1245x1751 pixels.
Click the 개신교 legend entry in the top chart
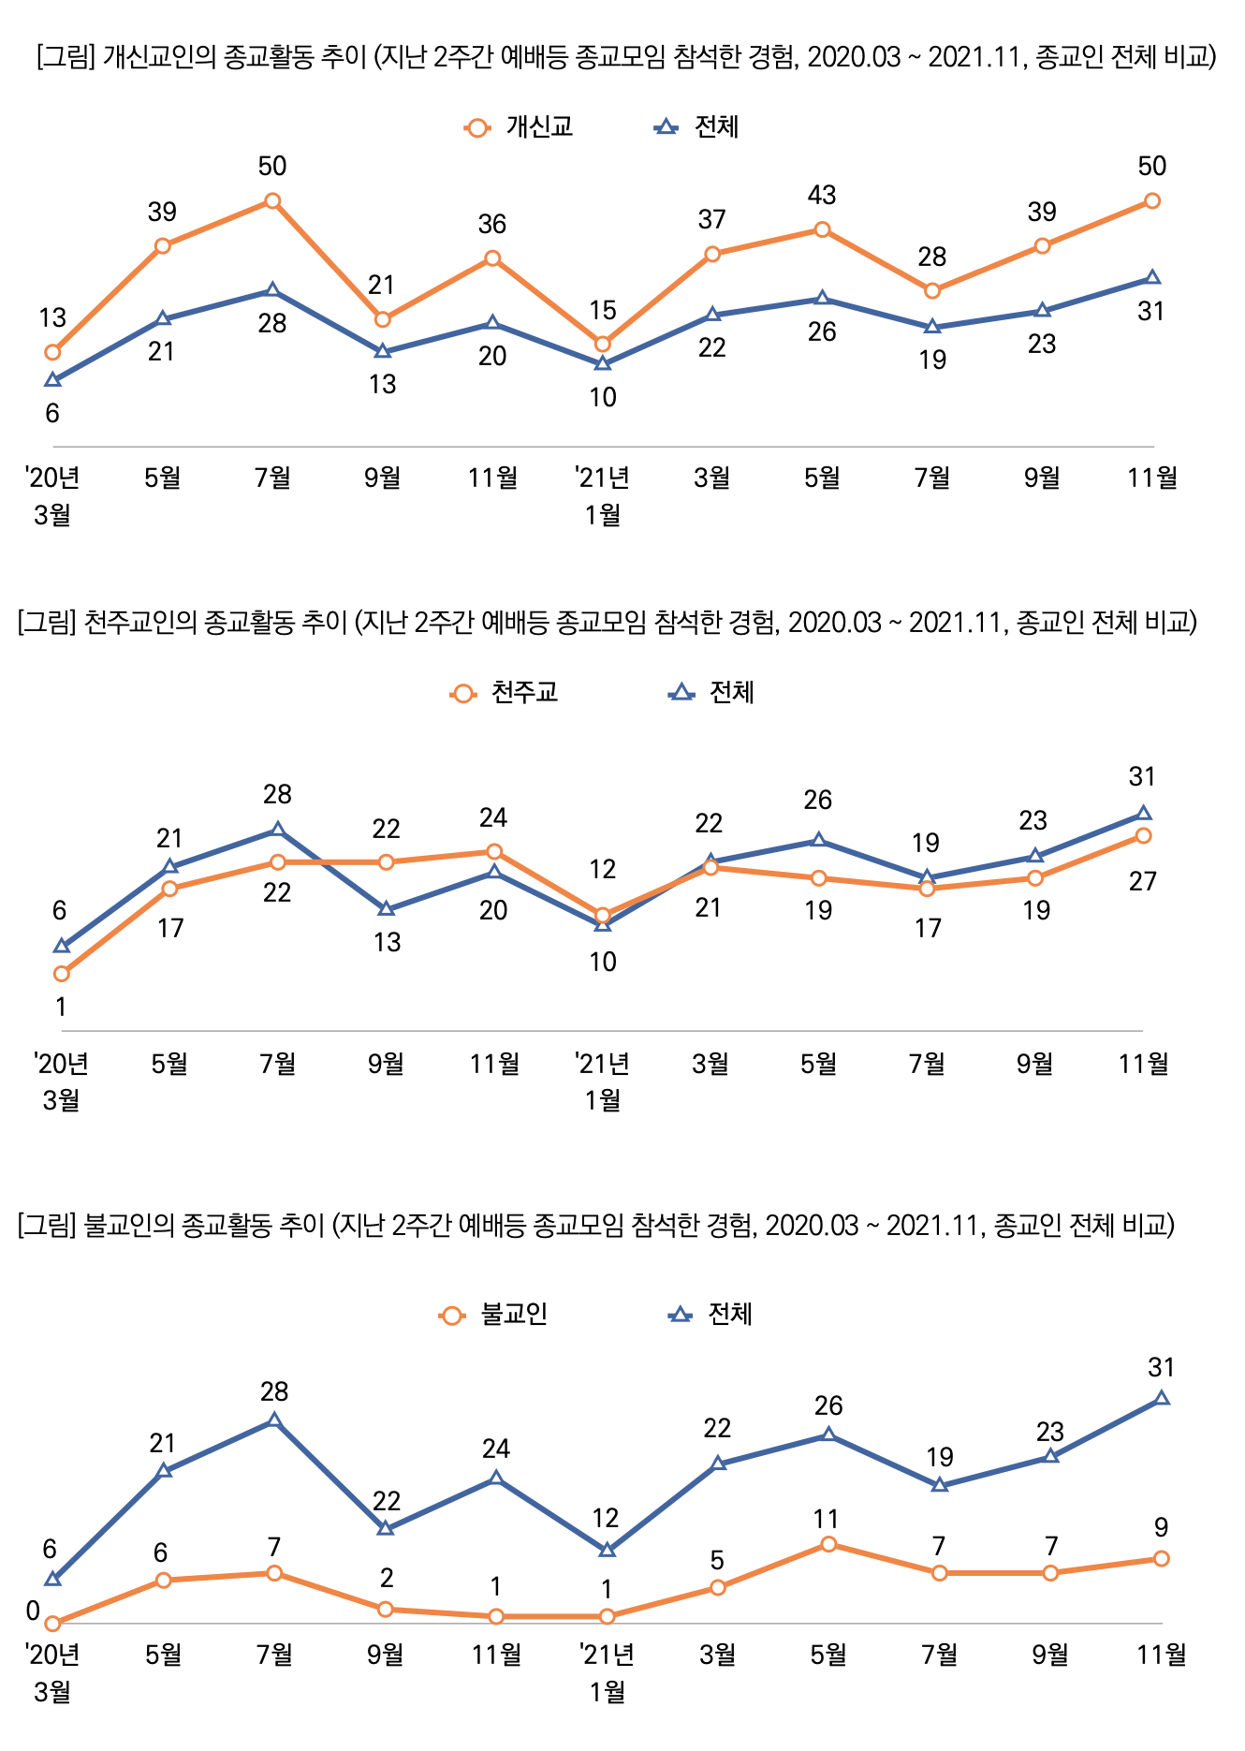(x=520, y=127)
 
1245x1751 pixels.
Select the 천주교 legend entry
(x=505, y=693)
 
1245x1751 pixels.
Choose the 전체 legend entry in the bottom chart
(x=711, y=1315)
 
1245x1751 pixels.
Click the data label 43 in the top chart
(x=822, y=195)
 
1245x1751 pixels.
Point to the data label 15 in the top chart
(x=603, y=310)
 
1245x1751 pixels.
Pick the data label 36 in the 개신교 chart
(x=492, y=224)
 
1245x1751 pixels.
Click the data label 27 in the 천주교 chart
(x=1143, y=881)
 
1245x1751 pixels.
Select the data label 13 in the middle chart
(x=387, y=942)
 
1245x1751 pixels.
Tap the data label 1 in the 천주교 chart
(x=62, y=1007)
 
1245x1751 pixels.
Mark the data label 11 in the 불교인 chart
(x=827, y=1519)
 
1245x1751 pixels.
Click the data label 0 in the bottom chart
(x=33, y=1611)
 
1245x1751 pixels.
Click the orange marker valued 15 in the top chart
(x=603, y=345)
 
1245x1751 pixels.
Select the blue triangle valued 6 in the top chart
(x=53, y=380)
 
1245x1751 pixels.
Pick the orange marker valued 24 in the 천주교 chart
(x=494, y=851)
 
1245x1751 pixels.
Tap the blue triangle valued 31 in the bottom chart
(x=1162, y=1398)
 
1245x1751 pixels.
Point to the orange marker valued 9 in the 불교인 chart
(x=1162, y=1558)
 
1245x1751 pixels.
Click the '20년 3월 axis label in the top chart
(x=52, y=495)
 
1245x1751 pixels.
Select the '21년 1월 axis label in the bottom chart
(x=607, y=1672)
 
